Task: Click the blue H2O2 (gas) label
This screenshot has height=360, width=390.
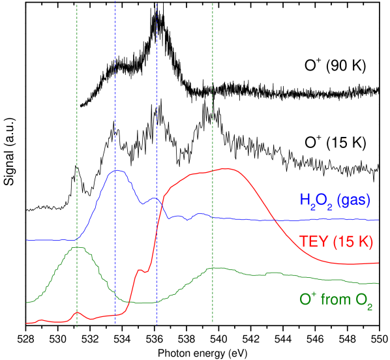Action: [x=335, y=200]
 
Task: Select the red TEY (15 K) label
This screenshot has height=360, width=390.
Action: [x=336, y=241]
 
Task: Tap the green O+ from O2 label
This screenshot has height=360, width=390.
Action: [x=335, y=301]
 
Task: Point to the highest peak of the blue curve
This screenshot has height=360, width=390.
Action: [x=117, y=171]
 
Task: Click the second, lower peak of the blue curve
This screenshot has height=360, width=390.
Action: [x=154, y=198]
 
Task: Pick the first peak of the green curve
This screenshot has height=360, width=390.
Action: [x=77, y=247]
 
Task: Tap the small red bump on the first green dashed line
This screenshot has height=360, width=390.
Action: [x=77, y=312]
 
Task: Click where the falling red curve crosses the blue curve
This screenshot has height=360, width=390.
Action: [x=275, y=220]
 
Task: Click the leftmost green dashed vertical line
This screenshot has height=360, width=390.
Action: [x=77, y=130]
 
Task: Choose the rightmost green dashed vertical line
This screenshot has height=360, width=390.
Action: [x=213, y=130]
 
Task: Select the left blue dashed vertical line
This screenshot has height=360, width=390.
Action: [x=115, y=98]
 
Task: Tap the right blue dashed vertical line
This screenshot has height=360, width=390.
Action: [x=157, y=98]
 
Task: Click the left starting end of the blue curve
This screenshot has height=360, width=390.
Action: [x=27, y=240]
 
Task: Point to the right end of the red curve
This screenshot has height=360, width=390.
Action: [x=379, y=263]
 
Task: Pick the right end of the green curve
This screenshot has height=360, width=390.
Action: [x=379, y=283]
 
